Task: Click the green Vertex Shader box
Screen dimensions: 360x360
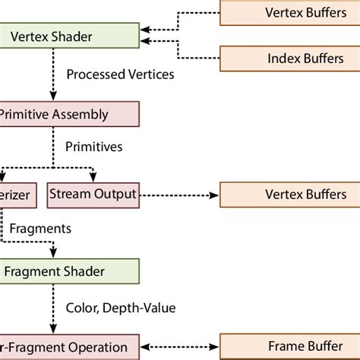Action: point(68,34)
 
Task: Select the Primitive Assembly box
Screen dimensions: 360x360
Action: point(68,115)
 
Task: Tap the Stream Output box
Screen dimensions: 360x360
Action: point(93,194)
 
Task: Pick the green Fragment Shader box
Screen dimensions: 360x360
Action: point(68,270)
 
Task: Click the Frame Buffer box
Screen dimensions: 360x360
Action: point(289,346)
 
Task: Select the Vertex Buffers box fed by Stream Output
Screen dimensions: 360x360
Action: point(289,194)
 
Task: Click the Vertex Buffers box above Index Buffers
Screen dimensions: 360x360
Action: point(289,12)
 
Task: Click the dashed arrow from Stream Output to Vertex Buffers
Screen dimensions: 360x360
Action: point(178,194)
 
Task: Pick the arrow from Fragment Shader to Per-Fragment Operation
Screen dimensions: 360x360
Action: point(52,308)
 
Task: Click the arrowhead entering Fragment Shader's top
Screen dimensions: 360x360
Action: point(52,254)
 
